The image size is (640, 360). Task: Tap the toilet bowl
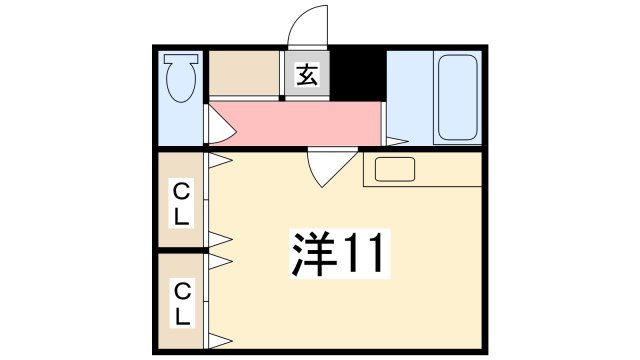[x=181, y=86]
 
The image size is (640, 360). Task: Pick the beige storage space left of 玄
[x=244, y=72]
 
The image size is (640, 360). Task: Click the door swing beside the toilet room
[x=219, y=127]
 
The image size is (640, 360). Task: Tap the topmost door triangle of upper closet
[x=219, y=159]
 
